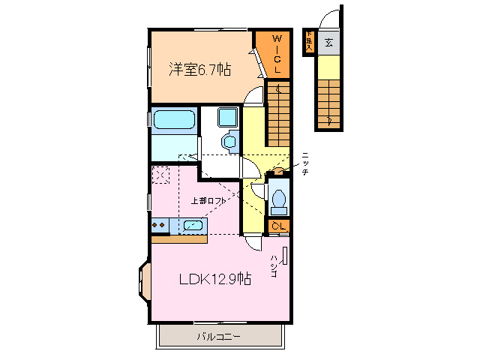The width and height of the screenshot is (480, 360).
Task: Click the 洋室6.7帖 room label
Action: point(199,70)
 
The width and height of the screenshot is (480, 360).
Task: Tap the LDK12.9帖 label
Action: point(214,279)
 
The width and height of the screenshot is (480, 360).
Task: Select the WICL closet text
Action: point(277,53)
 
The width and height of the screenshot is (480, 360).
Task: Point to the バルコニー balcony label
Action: point(218,337)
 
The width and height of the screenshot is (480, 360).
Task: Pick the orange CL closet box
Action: point(278,226)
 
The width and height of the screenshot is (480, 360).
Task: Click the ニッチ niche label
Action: point(305,163)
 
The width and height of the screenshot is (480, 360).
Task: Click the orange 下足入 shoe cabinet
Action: point(308,42)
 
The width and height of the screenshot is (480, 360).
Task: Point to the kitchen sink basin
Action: point(193,225)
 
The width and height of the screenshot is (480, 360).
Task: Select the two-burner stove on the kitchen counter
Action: point(160,224)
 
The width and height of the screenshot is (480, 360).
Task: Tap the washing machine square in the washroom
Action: point(227,118)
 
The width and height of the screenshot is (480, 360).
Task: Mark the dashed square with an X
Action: point(160,175)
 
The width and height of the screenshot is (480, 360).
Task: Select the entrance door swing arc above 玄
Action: point(328,18)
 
